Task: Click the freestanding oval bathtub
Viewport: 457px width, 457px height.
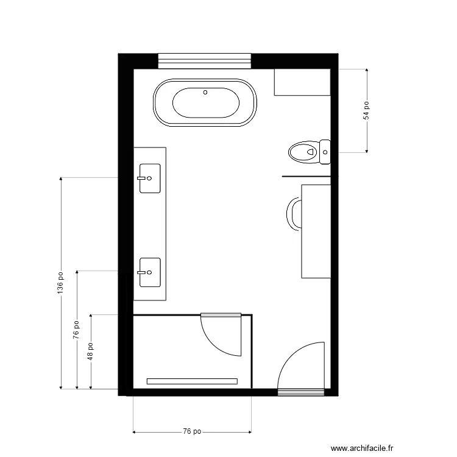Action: click(x=205, y=103)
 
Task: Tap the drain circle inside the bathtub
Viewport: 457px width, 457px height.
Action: click(x=205, y=93)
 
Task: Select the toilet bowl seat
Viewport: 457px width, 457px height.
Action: click(x=302, y=151)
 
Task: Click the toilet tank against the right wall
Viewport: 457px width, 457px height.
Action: click(x=325, y=151)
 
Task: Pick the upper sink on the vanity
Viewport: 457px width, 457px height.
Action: click(x=150, y=179)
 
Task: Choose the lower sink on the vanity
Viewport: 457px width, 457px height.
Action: click(x=150, y=272)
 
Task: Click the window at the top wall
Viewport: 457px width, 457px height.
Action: click(x=205, y=60)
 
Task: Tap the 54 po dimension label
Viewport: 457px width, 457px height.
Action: click(x=366, y=110)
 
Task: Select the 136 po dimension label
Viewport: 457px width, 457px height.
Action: click(x=60, y=283)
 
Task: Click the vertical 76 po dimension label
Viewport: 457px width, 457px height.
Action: click(x=76, y=330)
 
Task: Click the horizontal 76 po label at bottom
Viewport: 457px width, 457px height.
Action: click(x=192, y=432)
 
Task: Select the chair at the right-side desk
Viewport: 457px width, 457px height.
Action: click(x=293, y=214)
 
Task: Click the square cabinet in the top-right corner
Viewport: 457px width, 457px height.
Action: click(x=302, y=82)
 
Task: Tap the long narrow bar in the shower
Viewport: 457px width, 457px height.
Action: click(x=192, y=381)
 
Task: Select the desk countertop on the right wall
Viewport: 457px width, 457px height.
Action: click(x=316, y=231)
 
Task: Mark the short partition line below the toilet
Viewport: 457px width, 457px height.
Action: click(x=306, y=177)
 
